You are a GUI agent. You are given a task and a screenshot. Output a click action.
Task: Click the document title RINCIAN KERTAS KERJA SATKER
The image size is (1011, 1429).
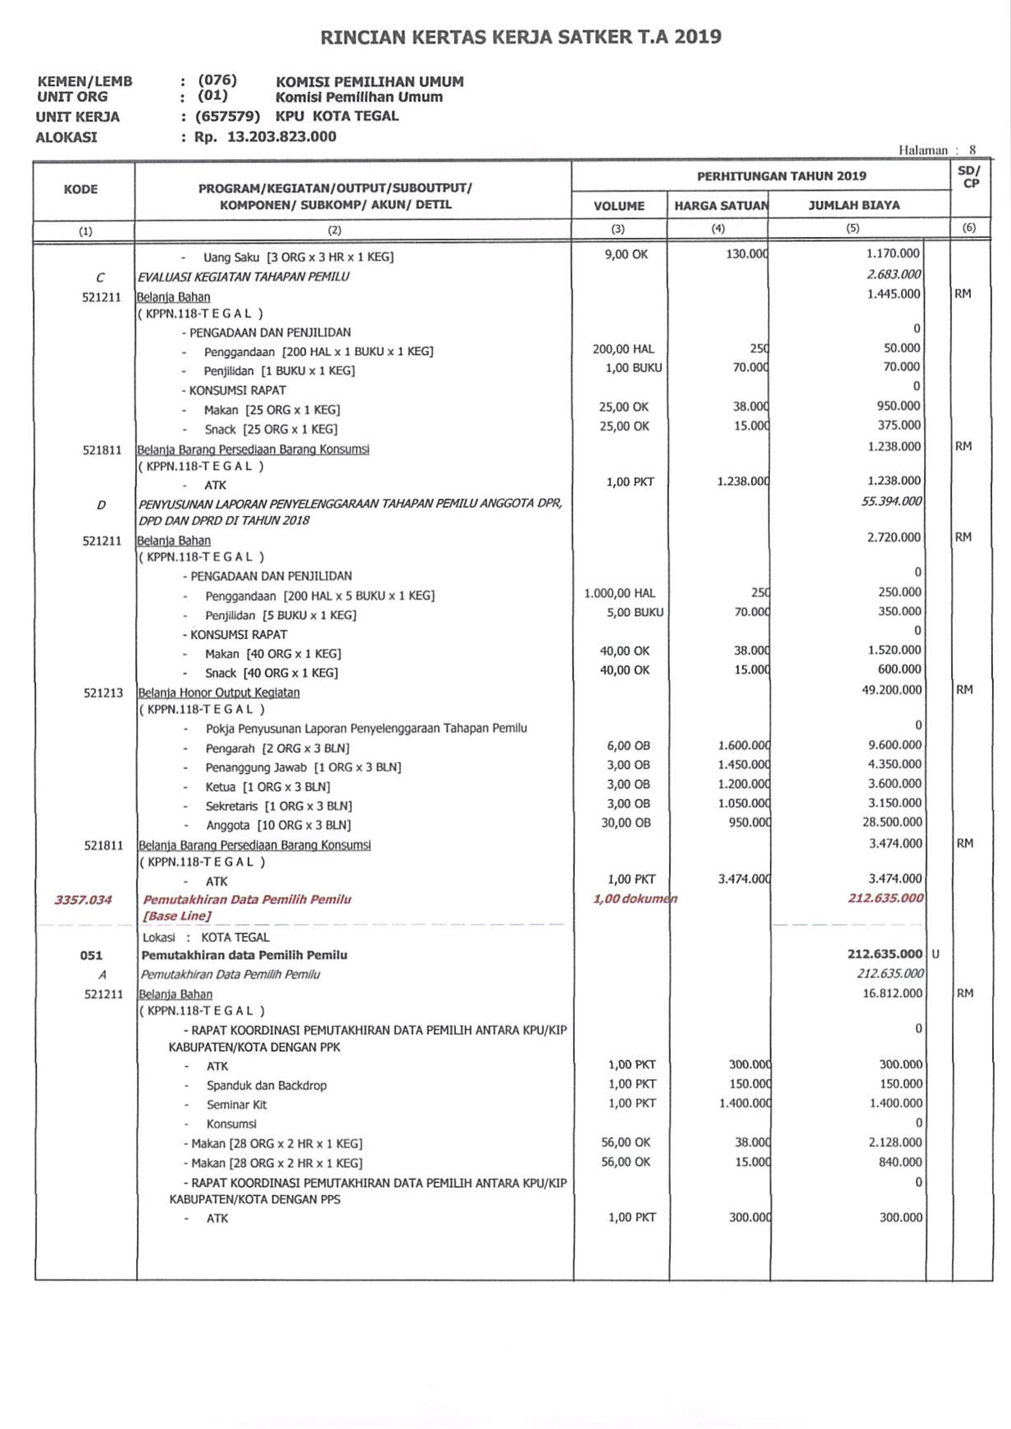(x=520, y=37)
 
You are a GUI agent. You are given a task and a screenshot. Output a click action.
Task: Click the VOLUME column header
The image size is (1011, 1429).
(x=618, y=206)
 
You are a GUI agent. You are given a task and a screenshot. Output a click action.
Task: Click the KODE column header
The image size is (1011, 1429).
(x=80, y=189)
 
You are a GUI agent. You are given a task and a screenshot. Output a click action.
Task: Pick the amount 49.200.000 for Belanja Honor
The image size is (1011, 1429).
(x=891, y=690)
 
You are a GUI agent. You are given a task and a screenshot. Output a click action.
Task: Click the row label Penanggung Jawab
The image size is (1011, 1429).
(x=256, y=767)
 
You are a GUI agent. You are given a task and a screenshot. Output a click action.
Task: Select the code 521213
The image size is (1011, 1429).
(x=103, y=693)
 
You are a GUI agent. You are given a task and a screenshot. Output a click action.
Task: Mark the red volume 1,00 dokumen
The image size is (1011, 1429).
(x=634, y=899)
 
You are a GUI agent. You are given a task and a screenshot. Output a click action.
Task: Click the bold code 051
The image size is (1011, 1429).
(x=91, y=955)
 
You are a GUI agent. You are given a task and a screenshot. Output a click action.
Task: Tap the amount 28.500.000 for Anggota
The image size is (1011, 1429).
(x=892, y=822)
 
